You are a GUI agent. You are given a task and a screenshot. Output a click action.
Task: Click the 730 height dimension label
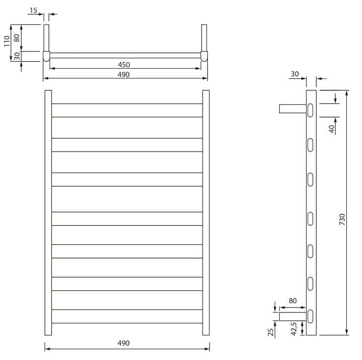click(342, 219)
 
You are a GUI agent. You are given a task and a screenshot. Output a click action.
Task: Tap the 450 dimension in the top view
click(124, 65)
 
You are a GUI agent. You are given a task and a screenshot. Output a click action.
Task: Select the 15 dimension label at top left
click(33, 10)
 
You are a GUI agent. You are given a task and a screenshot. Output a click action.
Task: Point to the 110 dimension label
click(7, 41)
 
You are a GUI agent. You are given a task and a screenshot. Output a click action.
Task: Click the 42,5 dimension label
click(294, 329)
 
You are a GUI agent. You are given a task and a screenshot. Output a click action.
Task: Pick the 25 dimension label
click(271, 332)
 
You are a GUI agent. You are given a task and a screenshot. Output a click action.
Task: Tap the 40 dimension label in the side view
click(332, 129)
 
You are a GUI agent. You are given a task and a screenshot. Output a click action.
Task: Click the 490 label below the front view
click(124, 343)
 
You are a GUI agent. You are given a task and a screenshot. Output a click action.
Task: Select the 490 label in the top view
click(124, 75)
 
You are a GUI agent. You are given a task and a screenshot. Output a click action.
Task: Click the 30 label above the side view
click(295, 74)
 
